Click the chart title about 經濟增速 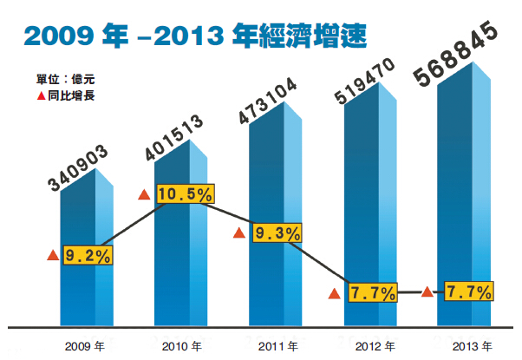[195, 36]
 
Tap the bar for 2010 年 [183, 260]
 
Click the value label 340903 [79, 169]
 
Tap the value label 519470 [365, 82]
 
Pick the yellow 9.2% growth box [88, 255]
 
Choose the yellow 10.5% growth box [185, 194]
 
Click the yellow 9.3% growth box [276, 232]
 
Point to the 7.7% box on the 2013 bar [468, 291]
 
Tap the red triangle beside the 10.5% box [145, 194]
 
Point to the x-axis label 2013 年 [468, 346]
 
